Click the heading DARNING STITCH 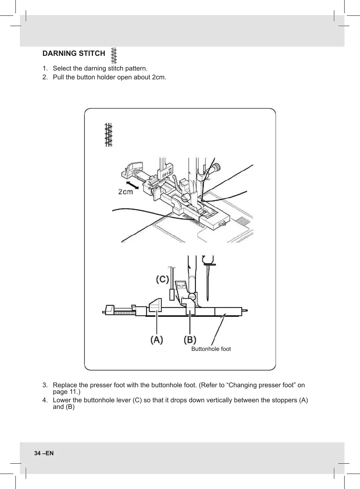coord(74,54)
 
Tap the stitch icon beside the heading coord(114,55)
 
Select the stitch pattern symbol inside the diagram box coord(108,135)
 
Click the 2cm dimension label coord(126,192)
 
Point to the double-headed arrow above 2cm coord(132,185)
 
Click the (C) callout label coord(162,280)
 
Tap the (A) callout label coord(157,340)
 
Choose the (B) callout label coord(190,340)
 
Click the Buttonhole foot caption coord(211,349)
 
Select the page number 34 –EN coord(44,453)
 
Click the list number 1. coord(45,69)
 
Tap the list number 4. coord(45,400)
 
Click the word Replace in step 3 coord(65,385)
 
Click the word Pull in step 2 coord(58,78)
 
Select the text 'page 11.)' coord(66,392)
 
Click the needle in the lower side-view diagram coord(208,283)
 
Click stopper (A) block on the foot coord(155,305)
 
